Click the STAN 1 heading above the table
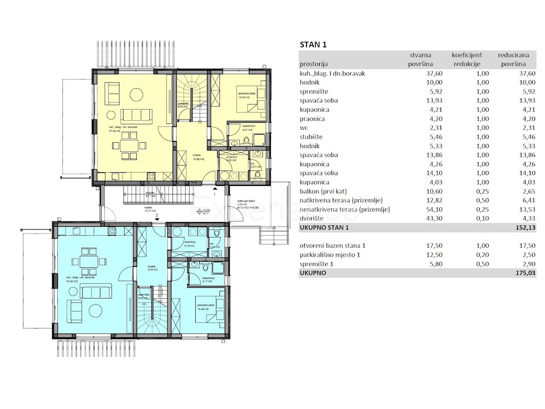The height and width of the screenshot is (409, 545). click(313, 45)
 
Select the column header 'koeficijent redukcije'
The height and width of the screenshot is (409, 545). click(466, 60)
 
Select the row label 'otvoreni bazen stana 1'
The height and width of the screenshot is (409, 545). click(332, 246)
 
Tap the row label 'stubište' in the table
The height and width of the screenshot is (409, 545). click(311, 137)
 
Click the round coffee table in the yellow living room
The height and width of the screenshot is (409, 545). click(135, 94)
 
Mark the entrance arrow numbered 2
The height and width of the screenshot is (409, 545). click(157, 219)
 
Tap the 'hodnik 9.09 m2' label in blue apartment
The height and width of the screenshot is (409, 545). click(152, 268)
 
